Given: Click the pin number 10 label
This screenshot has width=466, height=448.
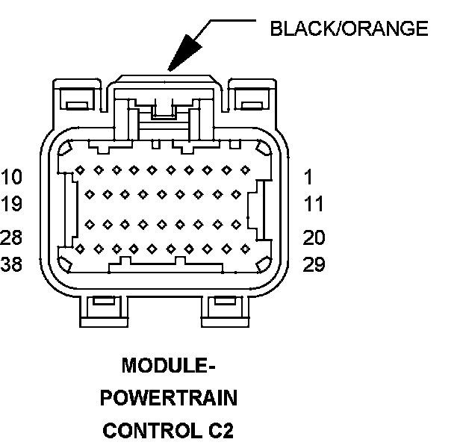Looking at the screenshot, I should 12,178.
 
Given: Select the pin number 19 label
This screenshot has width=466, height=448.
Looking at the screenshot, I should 12,204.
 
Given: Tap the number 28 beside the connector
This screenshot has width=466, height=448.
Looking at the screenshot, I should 12,237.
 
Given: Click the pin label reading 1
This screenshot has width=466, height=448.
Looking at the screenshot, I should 308,178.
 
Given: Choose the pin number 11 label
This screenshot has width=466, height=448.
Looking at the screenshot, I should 314,204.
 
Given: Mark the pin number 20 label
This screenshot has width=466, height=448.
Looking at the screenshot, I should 314,237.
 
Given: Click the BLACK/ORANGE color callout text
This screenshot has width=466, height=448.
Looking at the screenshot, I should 349,29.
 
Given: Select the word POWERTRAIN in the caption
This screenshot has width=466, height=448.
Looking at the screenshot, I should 169,399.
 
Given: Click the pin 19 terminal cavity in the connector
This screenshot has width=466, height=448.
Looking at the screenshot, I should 90,194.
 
